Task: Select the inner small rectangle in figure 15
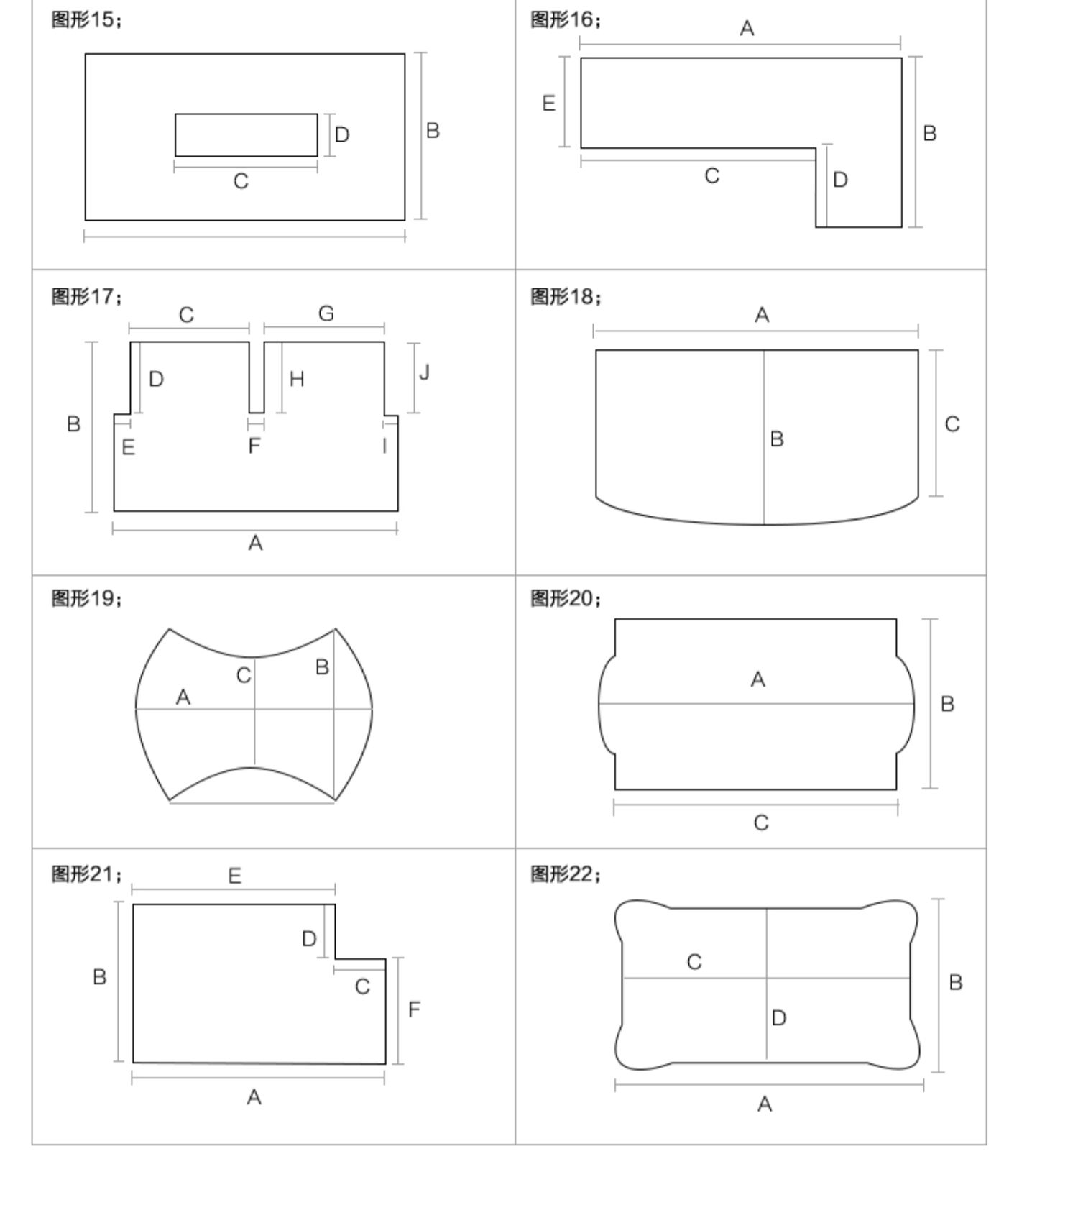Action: tap(246, 134)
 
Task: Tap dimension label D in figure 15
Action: tap(342, 134)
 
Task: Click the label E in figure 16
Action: tap(548, 104)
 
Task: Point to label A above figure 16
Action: tap(747, 29)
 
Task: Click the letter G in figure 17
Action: tap(326, 313)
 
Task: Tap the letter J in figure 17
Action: tap(424, 372)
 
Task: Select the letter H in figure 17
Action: tap(297, 379)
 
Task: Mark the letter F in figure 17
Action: tap(254, 446)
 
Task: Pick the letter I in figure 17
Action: tap(384, 446)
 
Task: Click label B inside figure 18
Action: tap(777, 439)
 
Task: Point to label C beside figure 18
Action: tap(952, 424)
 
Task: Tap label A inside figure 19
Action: tap(183, 697)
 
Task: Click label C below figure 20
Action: tap(761, 823)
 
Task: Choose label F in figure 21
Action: tap(414, 1009)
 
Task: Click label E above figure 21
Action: tap(234, 876)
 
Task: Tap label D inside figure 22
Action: tap(778, 1017)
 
